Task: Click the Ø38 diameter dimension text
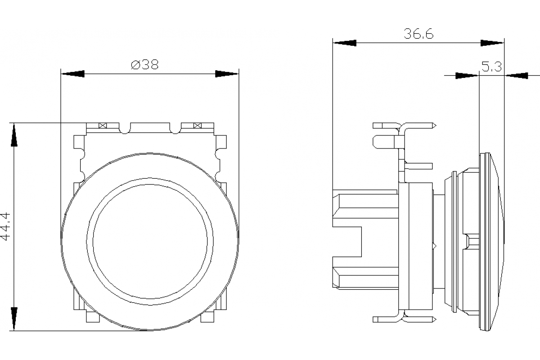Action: pyautogui.click(x=145, y=65)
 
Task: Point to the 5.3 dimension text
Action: pyautogui.click(x=491, y=67)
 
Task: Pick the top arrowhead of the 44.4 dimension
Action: pyautogui.click(x=14, y=135)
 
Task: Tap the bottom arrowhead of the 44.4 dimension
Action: pyautogui.click(x=14, y=319)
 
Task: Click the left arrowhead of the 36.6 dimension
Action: pyautogui.click(x=344, y=43)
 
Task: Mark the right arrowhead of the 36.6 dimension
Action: pyautogui.click(x=492, y=43)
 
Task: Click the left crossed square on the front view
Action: pyautogui.click(x=103, y=126)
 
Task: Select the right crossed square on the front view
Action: pyautogui.click(x=197, y=126)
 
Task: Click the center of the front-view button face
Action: pyautogui.click(x=150, y=239)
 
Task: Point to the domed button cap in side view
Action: pyautogui.click(x=495, y=243)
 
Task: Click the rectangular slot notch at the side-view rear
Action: pyautogui.click(x=347, y=241)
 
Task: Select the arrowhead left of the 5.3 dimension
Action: pyautogui.click(x=467, y=76)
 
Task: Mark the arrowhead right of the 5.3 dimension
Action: pyautogui.click(x=516, y=76)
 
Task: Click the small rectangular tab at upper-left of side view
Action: pyautogui.click(x=382, y=142)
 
